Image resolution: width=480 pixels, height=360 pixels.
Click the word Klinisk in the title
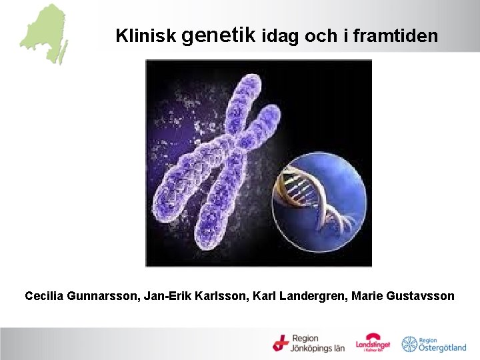[x=145, y=36]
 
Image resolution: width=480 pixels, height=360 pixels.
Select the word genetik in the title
[x=217, y=34]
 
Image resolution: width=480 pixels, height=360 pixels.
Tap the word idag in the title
[x=281, y=36]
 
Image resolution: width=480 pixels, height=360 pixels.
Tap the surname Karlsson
[x=222, y=295]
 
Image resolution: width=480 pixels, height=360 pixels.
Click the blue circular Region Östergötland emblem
[x=409, y=344]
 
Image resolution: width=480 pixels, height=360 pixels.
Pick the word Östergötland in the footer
[x=443, y=347]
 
